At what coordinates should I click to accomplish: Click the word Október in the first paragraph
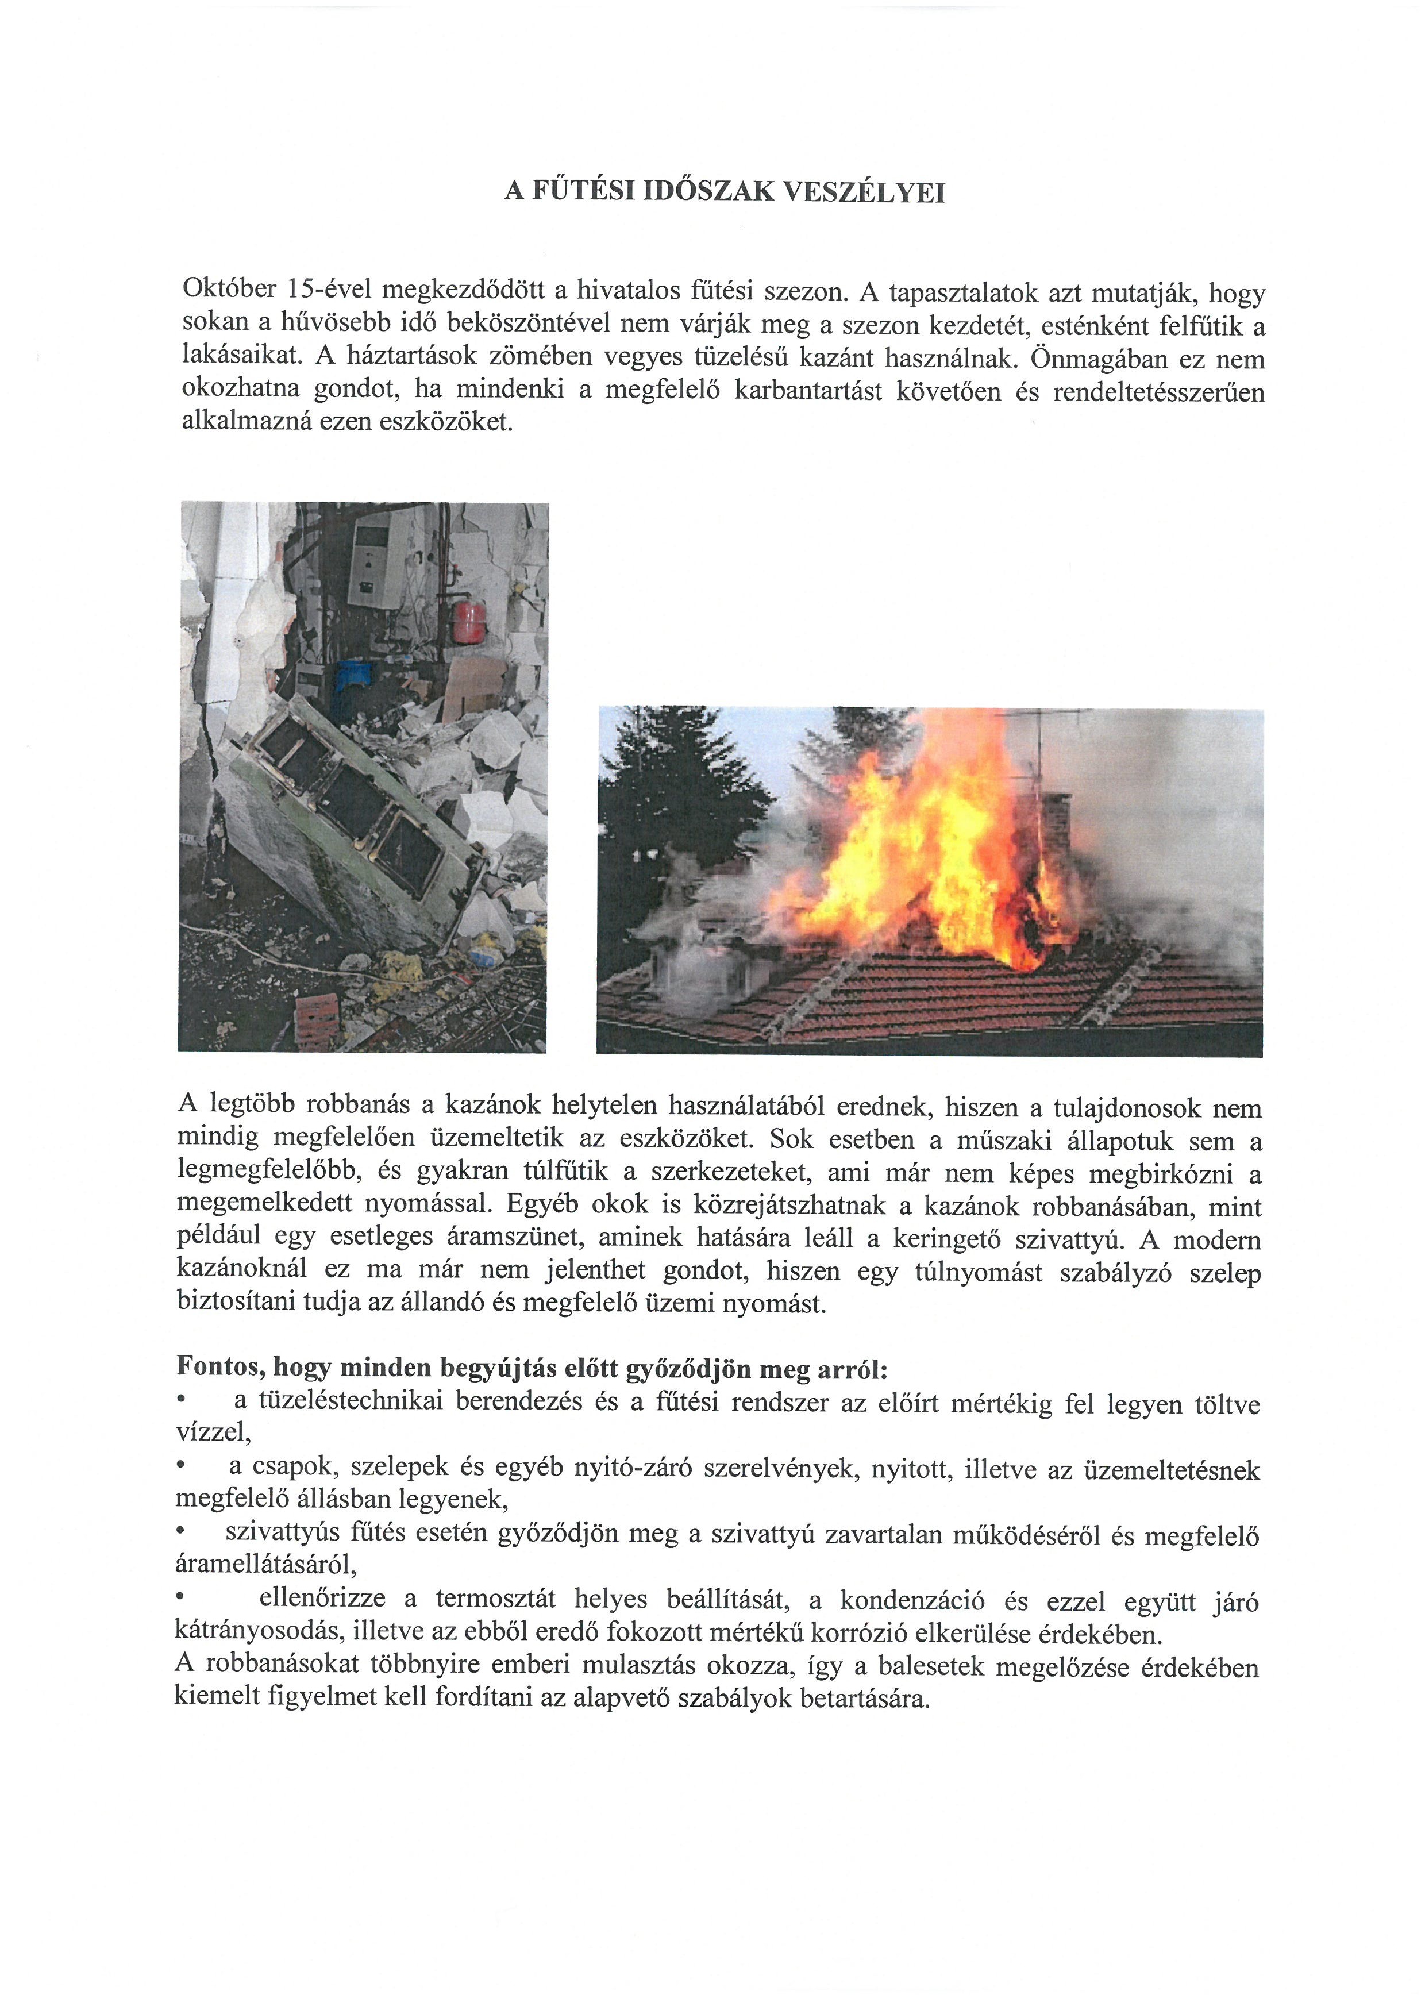tap(229, 288)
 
